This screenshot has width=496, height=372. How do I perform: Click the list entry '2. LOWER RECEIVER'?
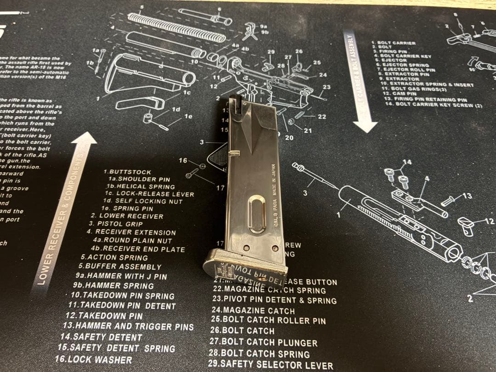pos(127,216)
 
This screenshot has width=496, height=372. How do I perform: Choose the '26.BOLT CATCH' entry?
pos(242,330)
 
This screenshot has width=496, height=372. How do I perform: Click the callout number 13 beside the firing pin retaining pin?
pos(467,196)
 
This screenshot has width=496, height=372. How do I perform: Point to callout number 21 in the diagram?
pos(307,131)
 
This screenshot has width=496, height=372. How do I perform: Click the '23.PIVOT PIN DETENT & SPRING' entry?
pos(274,300)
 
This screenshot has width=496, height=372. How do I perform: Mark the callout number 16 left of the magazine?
pos(183,161)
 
